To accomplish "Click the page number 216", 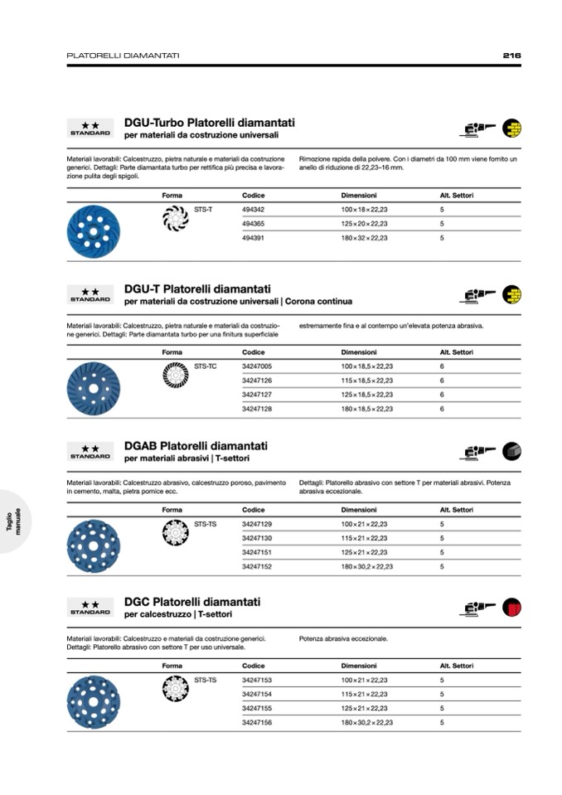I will coord(511,56).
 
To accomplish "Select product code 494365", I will coord(253,224).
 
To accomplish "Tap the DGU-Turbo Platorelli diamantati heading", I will coord(209,123).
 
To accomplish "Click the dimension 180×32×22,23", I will coord(364,238).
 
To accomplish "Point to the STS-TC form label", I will coord(205,366).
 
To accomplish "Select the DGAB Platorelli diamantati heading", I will coord(196,446).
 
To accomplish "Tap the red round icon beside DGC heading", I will coord(511,608).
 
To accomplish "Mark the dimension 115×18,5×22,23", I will coord(366,381).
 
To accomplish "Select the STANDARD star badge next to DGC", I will coord(90,608).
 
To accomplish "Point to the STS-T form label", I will coord(203,210).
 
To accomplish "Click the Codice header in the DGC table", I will coord(253,666).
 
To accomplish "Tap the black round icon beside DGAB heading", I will coord(511,452).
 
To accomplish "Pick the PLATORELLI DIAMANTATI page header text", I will coord(123,56).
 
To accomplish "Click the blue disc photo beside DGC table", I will coord(93,701).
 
